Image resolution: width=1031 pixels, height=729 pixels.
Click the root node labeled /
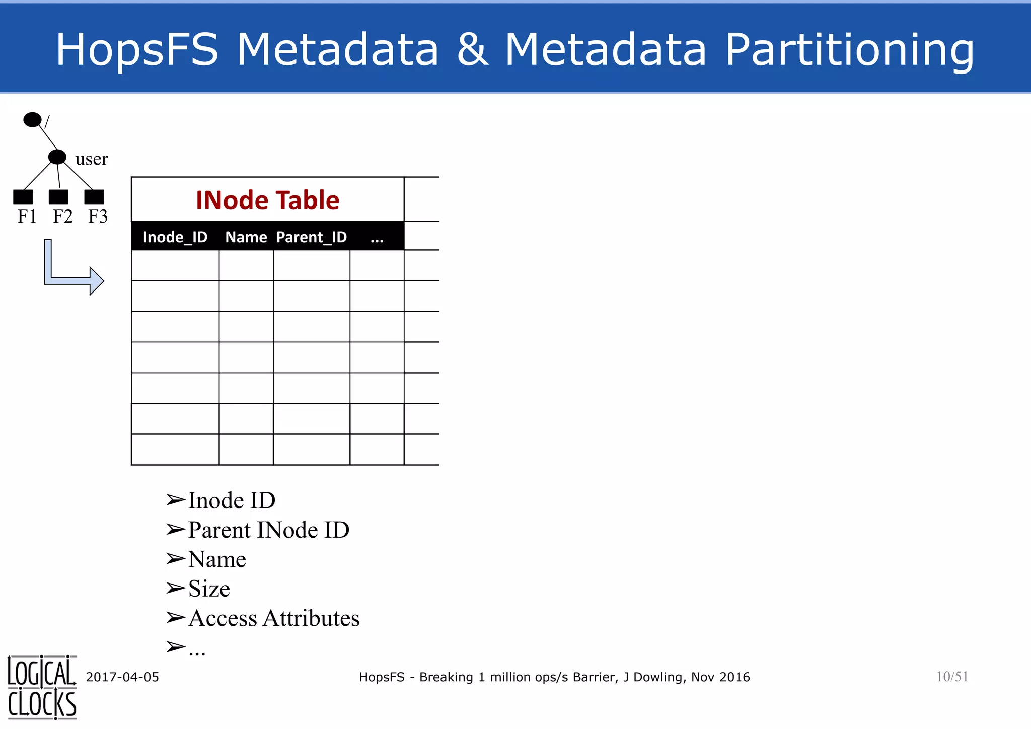[33, 120]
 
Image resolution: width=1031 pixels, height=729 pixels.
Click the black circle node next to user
[57, 157]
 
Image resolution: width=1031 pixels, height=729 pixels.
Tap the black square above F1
[23, 197]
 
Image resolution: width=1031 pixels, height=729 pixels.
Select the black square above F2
[58, 197]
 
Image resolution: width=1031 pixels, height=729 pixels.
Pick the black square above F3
[94, 197]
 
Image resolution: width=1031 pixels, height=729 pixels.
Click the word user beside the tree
[92, 159]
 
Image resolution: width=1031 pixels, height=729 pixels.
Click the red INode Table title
[267, 200]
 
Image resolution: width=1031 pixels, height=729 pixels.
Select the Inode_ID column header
[175, 237]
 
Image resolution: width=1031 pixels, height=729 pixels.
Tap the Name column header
[246, 237]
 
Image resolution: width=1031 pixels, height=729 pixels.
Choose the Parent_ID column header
[312, 237]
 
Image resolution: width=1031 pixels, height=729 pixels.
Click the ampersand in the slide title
[472, 49]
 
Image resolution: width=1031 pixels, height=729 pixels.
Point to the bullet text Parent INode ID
[268, 530]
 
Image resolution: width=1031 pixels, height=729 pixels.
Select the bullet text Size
[209, 589]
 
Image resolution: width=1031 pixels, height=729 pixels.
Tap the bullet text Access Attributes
[274, 618]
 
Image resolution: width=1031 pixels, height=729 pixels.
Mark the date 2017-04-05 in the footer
[122, 677]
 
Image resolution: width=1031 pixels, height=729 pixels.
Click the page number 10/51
[952, 677]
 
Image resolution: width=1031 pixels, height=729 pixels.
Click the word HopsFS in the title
[137, 49]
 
